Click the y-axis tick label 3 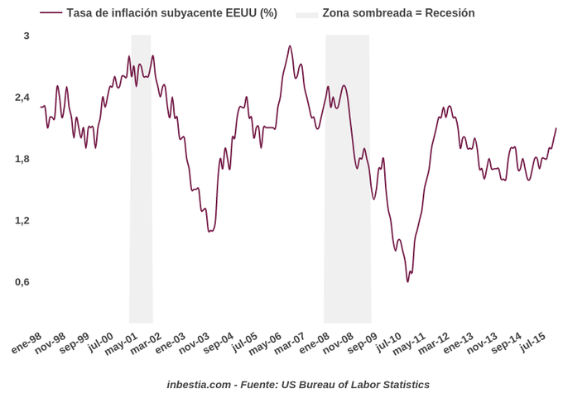pyautogui.click(x=26, y=36)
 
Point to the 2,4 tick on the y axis pyautogui.click(x=22, y=98)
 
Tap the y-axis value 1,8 pyautogui.click(x=22, y=159)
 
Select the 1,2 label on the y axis pyautogui.click(x=22, y=220)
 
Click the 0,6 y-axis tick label pyautogui.click(x=22, y=281)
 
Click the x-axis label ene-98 pyautogui.click(x=27, y=343)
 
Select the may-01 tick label pyautogui.click(x=123, y=343)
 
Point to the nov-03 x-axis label pyautogui.click(x=195, y=343)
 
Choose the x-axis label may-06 pyautogui.click(x=267, y=343)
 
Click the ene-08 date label pyautogui.click(x=315, y=343)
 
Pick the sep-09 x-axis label pyautogui.click(x=363, y=343)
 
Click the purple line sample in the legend pyautogui.click(x=51, y=13)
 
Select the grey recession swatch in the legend pyautogui.click(x=307, y=13)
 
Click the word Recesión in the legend pyautogui.click(x=450, y=13)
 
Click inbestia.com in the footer pyautogui.click(x=199, y=385)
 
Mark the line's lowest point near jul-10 pyautogui.click(x=408, y=281)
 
